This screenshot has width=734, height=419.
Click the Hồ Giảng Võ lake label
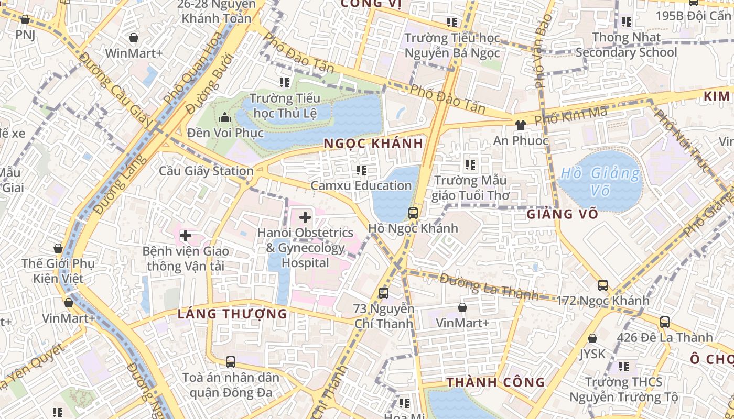pos(600,181)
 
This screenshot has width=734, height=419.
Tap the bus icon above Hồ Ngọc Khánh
pos(413,213)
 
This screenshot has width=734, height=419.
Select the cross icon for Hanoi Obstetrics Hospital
pos(305,216)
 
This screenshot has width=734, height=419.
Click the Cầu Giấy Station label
pos(206,171)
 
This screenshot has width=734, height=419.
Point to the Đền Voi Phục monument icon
pos(225,117)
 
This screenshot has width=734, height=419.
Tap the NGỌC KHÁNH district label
pos(373,144)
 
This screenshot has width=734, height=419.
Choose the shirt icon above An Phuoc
pos(520,125)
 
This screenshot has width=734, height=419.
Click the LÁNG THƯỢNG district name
pos(232,314)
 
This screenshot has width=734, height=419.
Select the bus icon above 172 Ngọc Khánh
pos(603,285)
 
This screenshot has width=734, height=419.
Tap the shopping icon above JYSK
pos(592,339)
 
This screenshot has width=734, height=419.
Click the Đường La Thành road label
pos(489,287)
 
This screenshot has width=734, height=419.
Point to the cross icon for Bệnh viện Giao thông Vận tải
pos(185,236)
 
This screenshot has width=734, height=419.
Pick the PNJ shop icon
pos(25,19)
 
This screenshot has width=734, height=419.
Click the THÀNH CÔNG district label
pos(496,382)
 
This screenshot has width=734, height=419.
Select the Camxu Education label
pos(361,185)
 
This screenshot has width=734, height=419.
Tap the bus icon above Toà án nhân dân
pos(230,361)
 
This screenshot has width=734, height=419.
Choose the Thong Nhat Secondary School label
pos(626,45)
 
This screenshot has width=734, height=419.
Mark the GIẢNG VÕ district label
pos(562,214)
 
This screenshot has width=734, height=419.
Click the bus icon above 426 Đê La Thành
pos(665,322)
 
